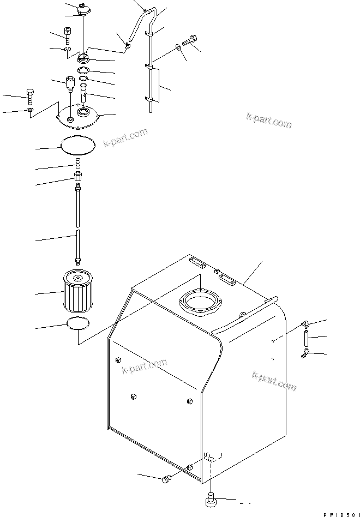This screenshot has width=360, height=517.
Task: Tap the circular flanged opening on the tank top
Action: tap(200, 303)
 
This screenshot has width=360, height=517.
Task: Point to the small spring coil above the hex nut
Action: tap(77, 163)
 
